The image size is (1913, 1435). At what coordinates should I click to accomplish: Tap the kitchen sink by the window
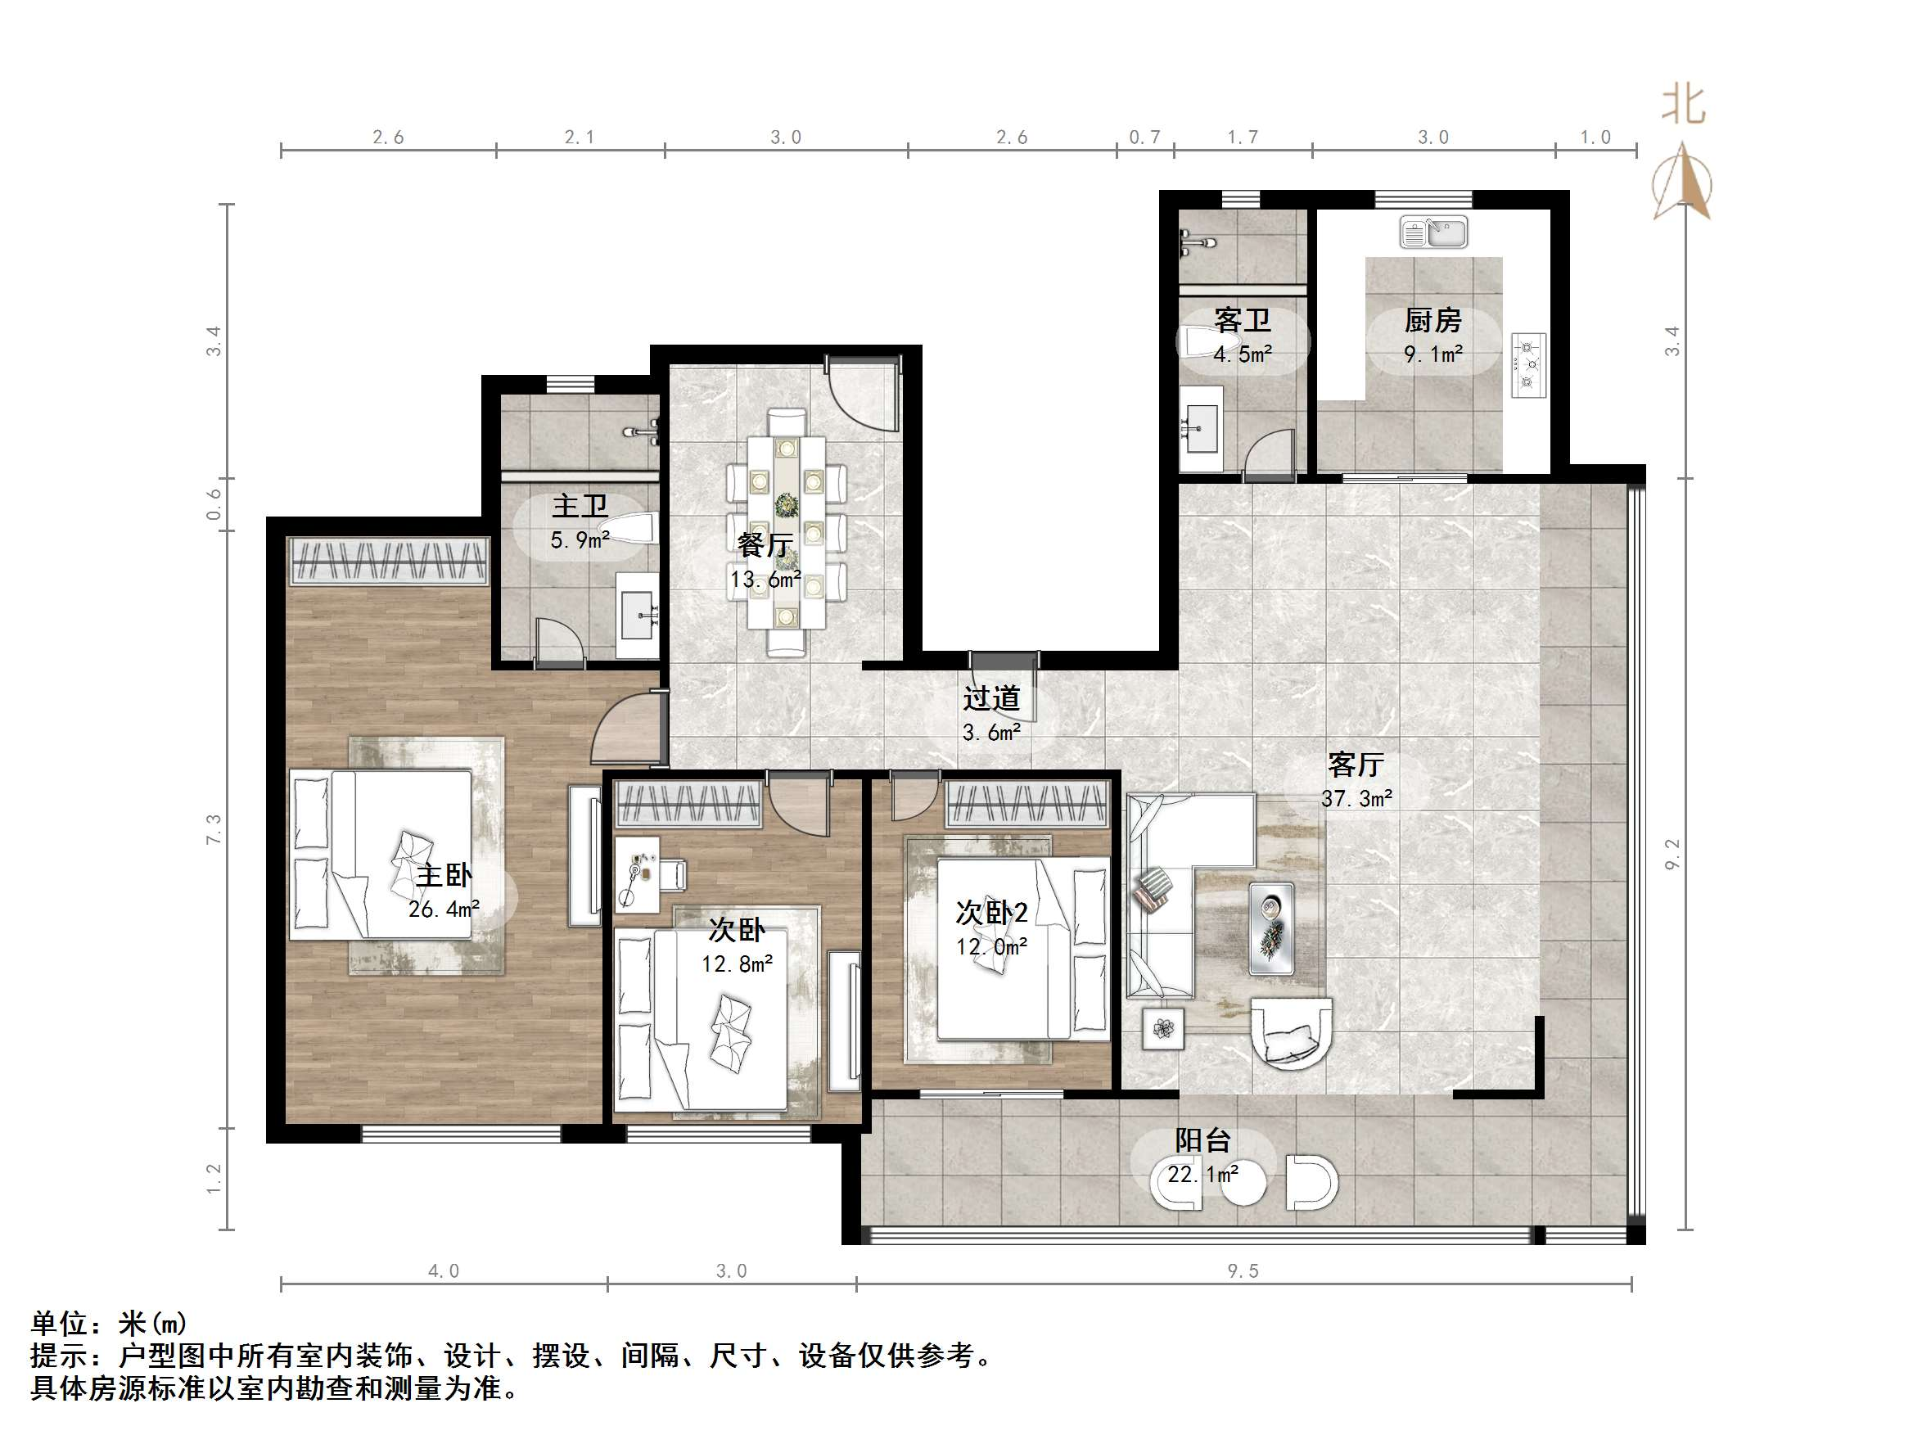pyautogui.click(x=1433, y=232)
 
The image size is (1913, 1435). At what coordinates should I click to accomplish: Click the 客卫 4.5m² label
pyautogui.click(x=1242, y=336)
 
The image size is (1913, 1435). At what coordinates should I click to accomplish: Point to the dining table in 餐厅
pyautogui.click(x=786, y=532)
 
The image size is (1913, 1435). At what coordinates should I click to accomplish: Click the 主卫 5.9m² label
pyautogui.click(x=580, y=521)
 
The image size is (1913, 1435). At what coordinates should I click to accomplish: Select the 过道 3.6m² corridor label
pyautogui.click(x=991, y=715)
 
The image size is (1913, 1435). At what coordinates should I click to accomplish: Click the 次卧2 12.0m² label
pyautogui.click(x=991, y=928)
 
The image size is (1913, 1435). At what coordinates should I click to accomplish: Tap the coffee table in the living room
pyautogui.click(x=1271, y=928)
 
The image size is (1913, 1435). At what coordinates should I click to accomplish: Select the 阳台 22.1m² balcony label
pyautogui.click(x=1202, y=1157)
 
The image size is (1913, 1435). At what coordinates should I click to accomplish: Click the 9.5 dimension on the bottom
pyautogui.click(x=1243, y=1270)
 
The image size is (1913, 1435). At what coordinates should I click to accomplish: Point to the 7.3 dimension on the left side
pyautogui.click(x=214, y=828)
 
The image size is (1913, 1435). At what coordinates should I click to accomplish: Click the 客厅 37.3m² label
pyautogui.click(x=1356, y=780)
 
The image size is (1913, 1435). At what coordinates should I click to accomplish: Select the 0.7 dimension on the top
pyautogui.click(x=1144, y=138)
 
